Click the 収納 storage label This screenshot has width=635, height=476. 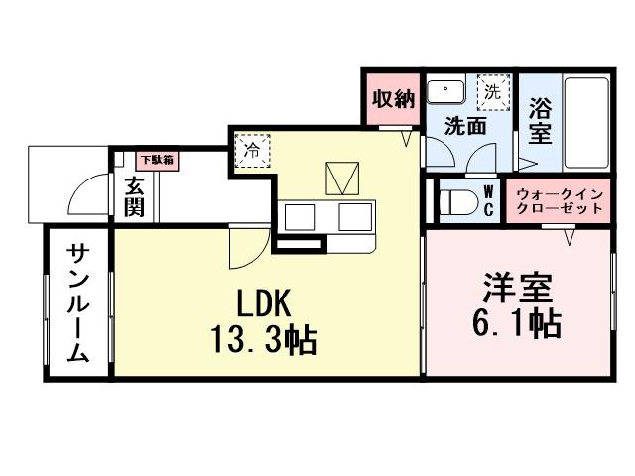pyautogui.click(x=393, y=99)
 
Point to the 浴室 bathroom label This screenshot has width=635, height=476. pyautogui.click(x=539, y=116)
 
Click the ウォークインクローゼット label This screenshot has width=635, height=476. pyautogui.click(x=559, y=201)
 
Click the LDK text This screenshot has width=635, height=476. pyautogui.click(x=263, y=300)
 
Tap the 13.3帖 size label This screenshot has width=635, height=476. pyautogui.click(x=263, y=340)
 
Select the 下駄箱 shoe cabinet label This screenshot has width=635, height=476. pyautogui.click(x=156, y=159)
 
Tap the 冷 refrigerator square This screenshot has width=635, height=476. pyautogui.click(x=252, y=151)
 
